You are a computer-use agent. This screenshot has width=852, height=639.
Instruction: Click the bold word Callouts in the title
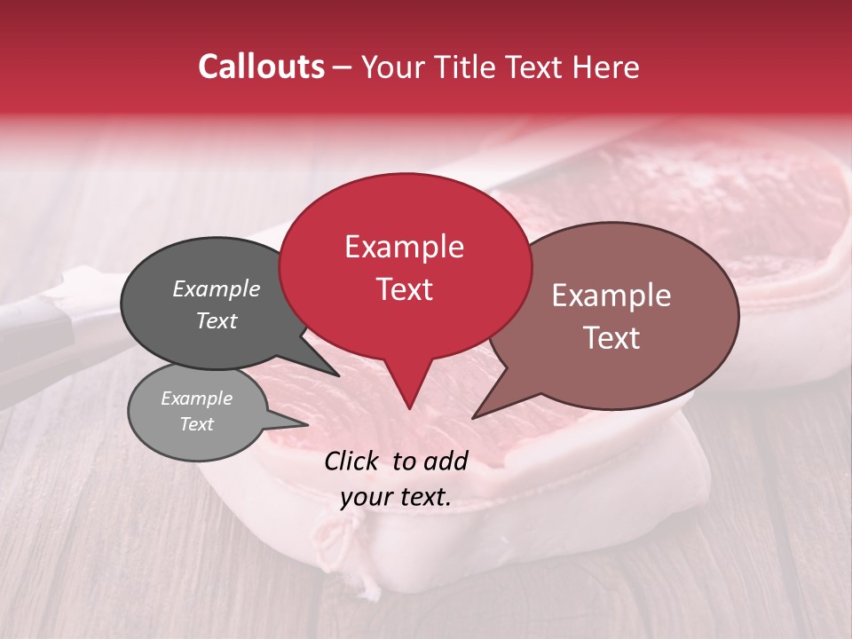262,67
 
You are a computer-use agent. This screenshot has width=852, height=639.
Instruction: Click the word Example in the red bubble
404,247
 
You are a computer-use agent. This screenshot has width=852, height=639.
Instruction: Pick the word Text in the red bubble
404,289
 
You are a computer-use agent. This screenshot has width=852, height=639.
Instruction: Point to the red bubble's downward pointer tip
409,408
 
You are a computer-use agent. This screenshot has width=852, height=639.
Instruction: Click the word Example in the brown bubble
611,296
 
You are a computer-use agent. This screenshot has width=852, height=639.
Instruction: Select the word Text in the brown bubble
611,338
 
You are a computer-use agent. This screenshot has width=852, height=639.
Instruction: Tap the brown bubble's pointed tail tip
473,417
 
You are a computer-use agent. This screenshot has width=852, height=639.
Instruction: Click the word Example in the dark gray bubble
217,288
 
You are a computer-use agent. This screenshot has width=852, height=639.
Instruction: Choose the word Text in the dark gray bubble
217,320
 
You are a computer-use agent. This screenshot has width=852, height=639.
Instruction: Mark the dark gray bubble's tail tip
339,375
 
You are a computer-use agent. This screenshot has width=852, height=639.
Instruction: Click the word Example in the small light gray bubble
196,398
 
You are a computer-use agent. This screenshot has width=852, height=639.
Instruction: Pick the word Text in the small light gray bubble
196,424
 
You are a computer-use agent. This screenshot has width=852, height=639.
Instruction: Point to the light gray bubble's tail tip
308,425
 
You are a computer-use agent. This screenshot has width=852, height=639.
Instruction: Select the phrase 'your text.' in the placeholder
396,498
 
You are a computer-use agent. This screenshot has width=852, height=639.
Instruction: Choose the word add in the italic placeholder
446,461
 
